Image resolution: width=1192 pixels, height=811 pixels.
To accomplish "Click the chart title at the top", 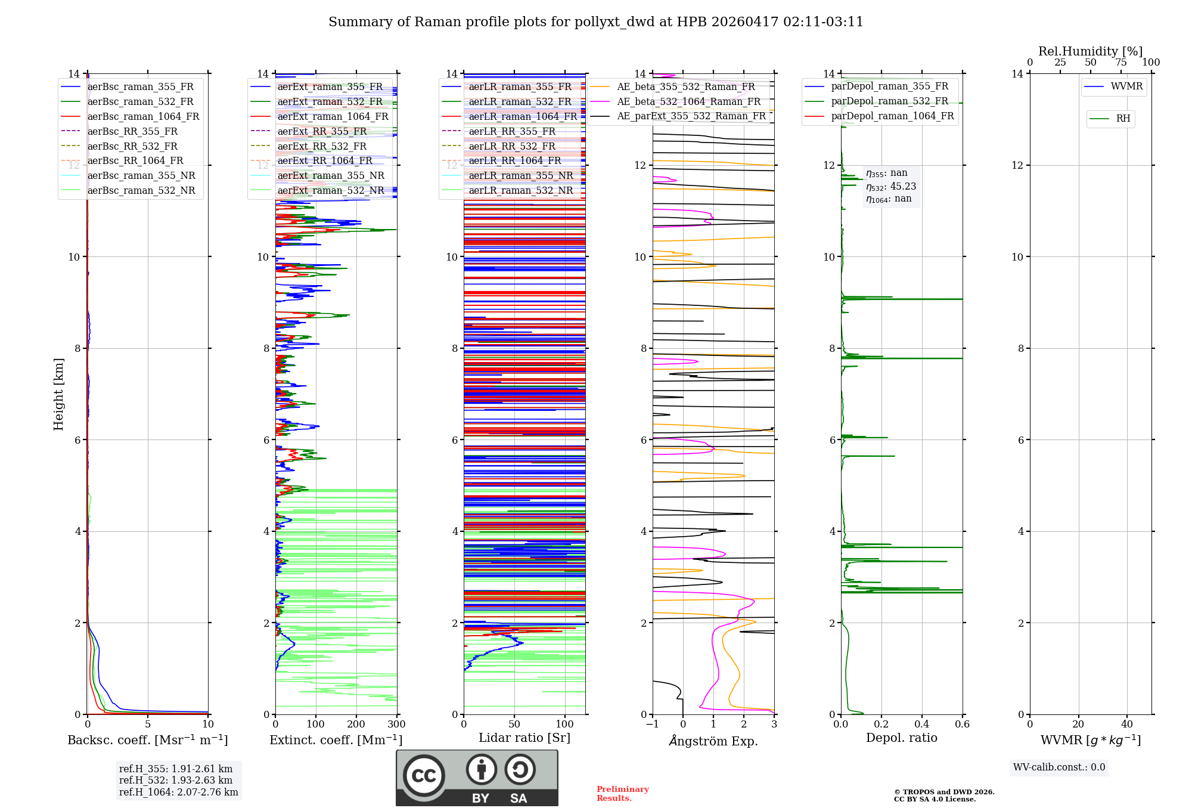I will tap(596, 22).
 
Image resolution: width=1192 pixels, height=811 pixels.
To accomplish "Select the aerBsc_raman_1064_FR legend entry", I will tap(143, 117).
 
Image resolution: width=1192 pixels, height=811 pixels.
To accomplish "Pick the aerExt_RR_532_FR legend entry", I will tap(322, 146).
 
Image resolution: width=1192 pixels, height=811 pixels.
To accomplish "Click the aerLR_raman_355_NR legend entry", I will tap(520, 175).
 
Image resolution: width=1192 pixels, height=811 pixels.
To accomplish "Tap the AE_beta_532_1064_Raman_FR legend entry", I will tap(688, 102).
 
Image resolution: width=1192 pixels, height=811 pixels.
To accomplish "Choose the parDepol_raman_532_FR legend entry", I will tap(889, 101).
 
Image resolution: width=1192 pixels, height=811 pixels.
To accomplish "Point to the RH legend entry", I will tap(1123, 119).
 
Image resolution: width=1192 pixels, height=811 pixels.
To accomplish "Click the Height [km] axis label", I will tap(58, 394).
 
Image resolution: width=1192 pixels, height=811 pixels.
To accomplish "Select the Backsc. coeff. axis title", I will tap(147, 740).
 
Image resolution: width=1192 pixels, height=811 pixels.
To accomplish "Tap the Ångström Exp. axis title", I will tap(713, 741).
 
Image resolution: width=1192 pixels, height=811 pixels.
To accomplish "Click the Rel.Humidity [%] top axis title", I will tap(1090, 51).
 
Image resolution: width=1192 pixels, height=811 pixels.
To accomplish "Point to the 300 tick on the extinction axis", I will tap(396, 725).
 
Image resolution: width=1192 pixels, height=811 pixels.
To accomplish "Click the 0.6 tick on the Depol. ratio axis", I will tap(962, 725).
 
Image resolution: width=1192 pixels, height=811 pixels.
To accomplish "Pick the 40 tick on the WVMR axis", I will tap(1126, 725).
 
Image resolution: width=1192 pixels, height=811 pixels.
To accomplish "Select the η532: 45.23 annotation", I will tap(891, 187).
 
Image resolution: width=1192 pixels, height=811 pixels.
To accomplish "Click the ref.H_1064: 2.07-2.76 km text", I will tap(178, 793).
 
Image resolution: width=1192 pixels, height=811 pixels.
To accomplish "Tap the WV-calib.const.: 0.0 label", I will tap(1059, 767).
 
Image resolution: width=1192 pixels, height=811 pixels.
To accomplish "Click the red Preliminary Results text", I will tap(622, 794).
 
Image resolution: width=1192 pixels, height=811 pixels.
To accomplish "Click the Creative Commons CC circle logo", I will tap(424, 776).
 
